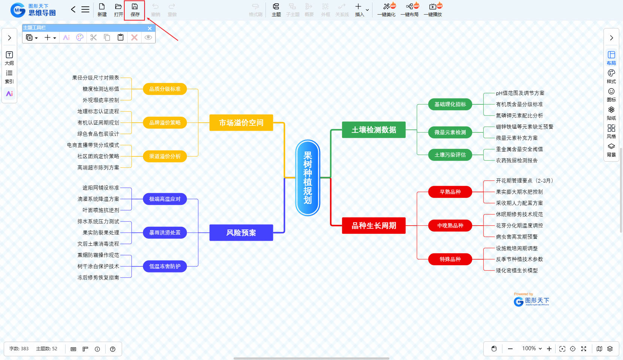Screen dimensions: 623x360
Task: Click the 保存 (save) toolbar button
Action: (x=135, y=10)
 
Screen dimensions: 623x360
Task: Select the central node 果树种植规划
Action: (x=308, y=178)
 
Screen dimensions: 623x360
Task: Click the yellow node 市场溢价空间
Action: (x=241, y=123)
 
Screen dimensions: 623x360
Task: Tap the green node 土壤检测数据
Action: (x=374, y=130)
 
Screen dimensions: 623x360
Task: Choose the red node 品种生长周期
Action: (x=374, y=226)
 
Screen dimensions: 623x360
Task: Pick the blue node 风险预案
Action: (x=241, y=233)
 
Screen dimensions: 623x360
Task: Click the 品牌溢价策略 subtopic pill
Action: (x=165, y=123)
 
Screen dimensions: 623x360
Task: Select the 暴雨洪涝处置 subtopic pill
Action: (x=165, y=233)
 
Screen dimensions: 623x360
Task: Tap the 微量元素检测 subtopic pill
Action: (x=450, y=132)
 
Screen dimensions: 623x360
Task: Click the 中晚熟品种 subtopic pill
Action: (x=450, y=226)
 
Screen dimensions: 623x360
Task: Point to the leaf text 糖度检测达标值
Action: (x=101, y=89)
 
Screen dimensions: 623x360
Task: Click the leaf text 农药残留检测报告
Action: (x=517, y=161)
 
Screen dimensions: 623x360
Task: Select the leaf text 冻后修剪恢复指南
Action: (x=98, y=278)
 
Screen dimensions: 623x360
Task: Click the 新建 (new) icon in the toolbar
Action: (x=102, y=10)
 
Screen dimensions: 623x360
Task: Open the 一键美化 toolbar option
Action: (x=387, y=10)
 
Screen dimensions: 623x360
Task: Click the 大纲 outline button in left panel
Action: (x=9, y=58)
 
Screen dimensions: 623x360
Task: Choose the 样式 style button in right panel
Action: (x=611, y=76)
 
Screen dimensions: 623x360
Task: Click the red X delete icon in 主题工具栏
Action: (x=134, y=37)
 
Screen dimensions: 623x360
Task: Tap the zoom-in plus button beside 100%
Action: (x=549, y=349)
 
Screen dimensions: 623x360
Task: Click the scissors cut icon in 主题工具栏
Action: (x=93, y=37)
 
